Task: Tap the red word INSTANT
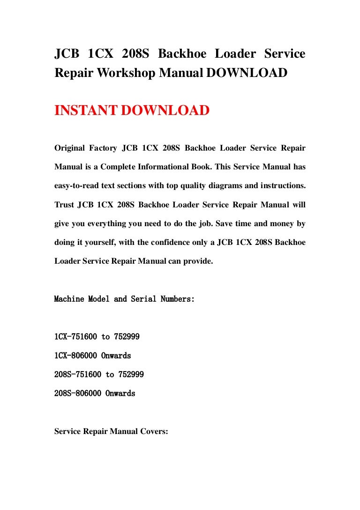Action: (x=85, y=111)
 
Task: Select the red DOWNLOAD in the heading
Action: (x=165, y=111)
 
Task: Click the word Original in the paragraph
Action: (x=70, y=148)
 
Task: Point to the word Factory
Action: (x=104, y=148)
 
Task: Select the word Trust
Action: (x=64, y=205)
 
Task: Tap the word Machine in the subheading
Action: (x=69, y=299)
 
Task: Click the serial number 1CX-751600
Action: (x=76, y=337)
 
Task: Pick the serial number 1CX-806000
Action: (x=76, y=356)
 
